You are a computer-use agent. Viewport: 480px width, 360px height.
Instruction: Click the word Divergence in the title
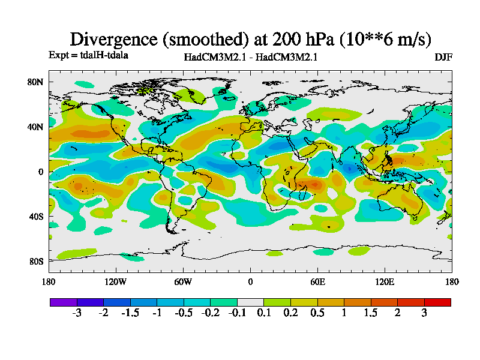(114, 40)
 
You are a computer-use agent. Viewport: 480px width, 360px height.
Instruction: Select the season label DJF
(443, 57)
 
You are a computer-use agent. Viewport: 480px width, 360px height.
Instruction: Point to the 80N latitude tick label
(36, 82)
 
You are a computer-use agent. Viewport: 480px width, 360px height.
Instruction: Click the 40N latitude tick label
(36, 127)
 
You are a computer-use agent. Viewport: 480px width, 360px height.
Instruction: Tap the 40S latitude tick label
(36, 216)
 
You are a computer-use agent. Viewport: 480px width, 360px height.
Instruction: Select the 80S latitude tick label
(36, 262)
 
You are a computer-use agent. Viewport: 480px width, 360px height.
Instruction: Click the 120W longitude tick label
(115, 281)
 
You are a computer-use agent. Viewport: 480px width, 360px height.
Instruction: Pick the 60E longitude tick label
(317, 281)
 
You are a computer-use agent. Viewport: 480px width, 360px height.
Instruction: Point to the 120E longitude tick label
(385, 281)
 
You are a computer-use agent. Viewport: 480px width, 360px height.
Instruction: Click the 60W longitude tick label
(183, 281)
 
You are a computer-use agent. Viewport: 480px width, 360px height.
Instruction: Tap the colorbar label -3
(77, 313)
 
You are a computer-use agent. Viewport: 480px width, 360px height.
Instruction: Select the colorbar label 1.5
(371, 313)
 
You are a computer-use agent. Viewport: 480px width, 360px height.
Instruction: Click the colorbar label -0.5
(184, 313)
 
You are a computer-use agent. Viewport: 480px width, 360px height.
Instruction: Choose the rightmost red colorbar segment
(437, 302)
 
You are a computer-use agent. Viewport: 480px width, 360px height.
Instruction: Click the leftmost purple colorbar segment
(63, 302)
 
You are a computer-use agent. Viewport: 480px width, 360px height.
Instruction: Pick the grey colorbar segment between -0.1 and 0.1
(250, 302)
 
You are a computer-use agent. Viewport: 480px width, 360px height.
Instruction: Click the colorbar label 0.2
(290, 313)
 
